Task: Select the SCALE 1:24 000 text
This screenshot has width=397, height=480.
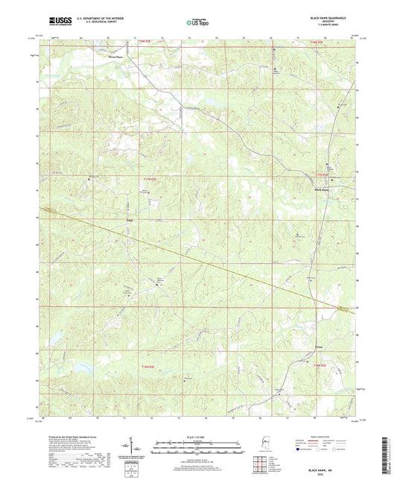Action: (x=198, y=437)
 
